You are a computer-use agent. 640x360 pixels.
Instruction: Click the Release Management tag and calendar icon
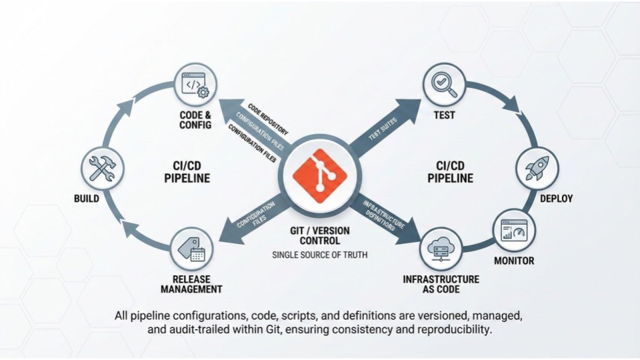tap(192, 247)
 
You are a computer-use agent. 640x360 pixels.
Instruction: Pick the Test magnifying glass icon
tap(443, 85)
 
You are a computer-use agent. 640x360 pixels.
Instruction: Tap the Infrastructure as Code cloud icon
tap(441, 248)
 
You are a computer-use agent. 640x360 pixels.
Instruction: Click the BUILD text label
tap(87, 199)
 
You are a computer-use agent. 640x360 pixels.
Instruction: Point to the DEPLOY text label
tap(556, 199)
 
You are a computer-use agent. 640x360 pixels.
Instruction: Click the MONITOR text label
tap(513, 261)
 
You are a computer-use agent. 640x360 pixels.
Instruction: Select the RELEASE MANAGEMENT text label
tap(191, 284)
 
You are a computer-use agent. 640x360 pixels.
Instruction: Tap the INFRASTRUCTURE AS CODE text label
tap(441, 284)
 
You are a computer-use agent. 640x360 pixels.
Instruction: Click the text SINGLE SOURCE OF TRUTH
tap(320, 255)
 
